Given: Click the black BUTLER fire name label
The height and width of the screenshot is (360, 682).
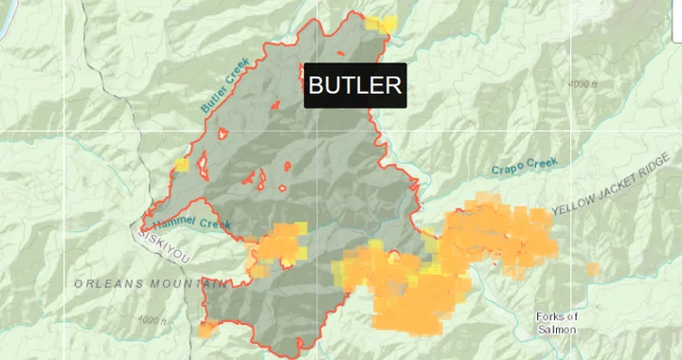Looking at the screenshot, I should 355,85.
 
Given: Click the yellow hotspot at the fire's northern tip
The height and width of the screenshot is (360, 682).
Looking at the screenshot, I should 381,24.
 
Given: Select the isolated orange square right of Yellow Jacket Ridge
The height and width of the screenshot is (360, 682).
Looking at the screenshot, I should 592,270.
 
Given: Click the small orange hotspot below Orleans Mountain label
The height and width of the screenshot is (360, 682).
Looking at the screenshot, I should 206,330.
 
